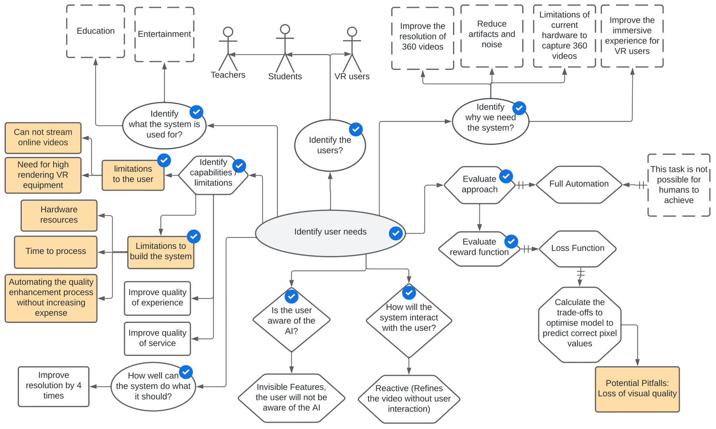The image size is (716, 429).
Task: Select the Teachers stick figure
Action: click(x=228, y=50)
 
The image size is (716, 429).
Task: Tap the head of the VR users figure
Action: click(x=352, y=32)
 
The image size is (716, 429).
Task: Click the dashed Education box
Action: click(x=96, y=31)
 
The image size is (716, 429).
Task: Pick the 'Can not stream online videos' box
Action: click(x=43, y=138)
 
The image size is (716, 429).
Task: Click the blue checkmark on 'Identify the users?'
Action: click(x=356, y=129)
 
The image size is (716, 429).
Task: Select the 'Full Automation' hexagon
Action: click(x=579, y=184)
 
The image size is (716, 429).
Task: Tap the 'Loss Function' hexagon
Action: click(x=578, y=249)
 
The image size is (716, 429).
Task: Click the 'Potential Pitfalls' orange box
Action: click(x=637, y=389)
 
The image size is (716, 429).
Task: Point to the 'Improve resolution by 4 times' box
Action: click(x=54, y=386)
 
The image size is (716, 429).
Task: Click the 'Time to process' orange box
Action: click(x=56, y=252)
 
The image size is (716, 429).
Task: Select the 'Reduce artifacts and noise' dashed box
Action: click(x=491, y=35)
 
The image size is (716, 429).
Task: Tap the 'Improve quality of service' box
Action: click(x=157, y=338)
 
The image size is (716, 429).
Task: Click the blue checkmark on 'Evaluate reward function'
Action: click(x=511, y=241)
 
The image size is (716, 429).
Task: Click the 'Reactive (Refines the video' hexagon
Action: click(x=409, y=399)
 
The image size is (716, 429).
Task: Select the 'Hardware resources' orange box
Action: click(x=59, y=215)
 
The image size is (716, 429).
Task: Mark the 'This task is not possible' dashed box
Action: click(x=678, y=185)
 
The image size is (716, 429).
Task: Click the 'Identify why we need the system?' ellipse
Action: click(x=490, y=121)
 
